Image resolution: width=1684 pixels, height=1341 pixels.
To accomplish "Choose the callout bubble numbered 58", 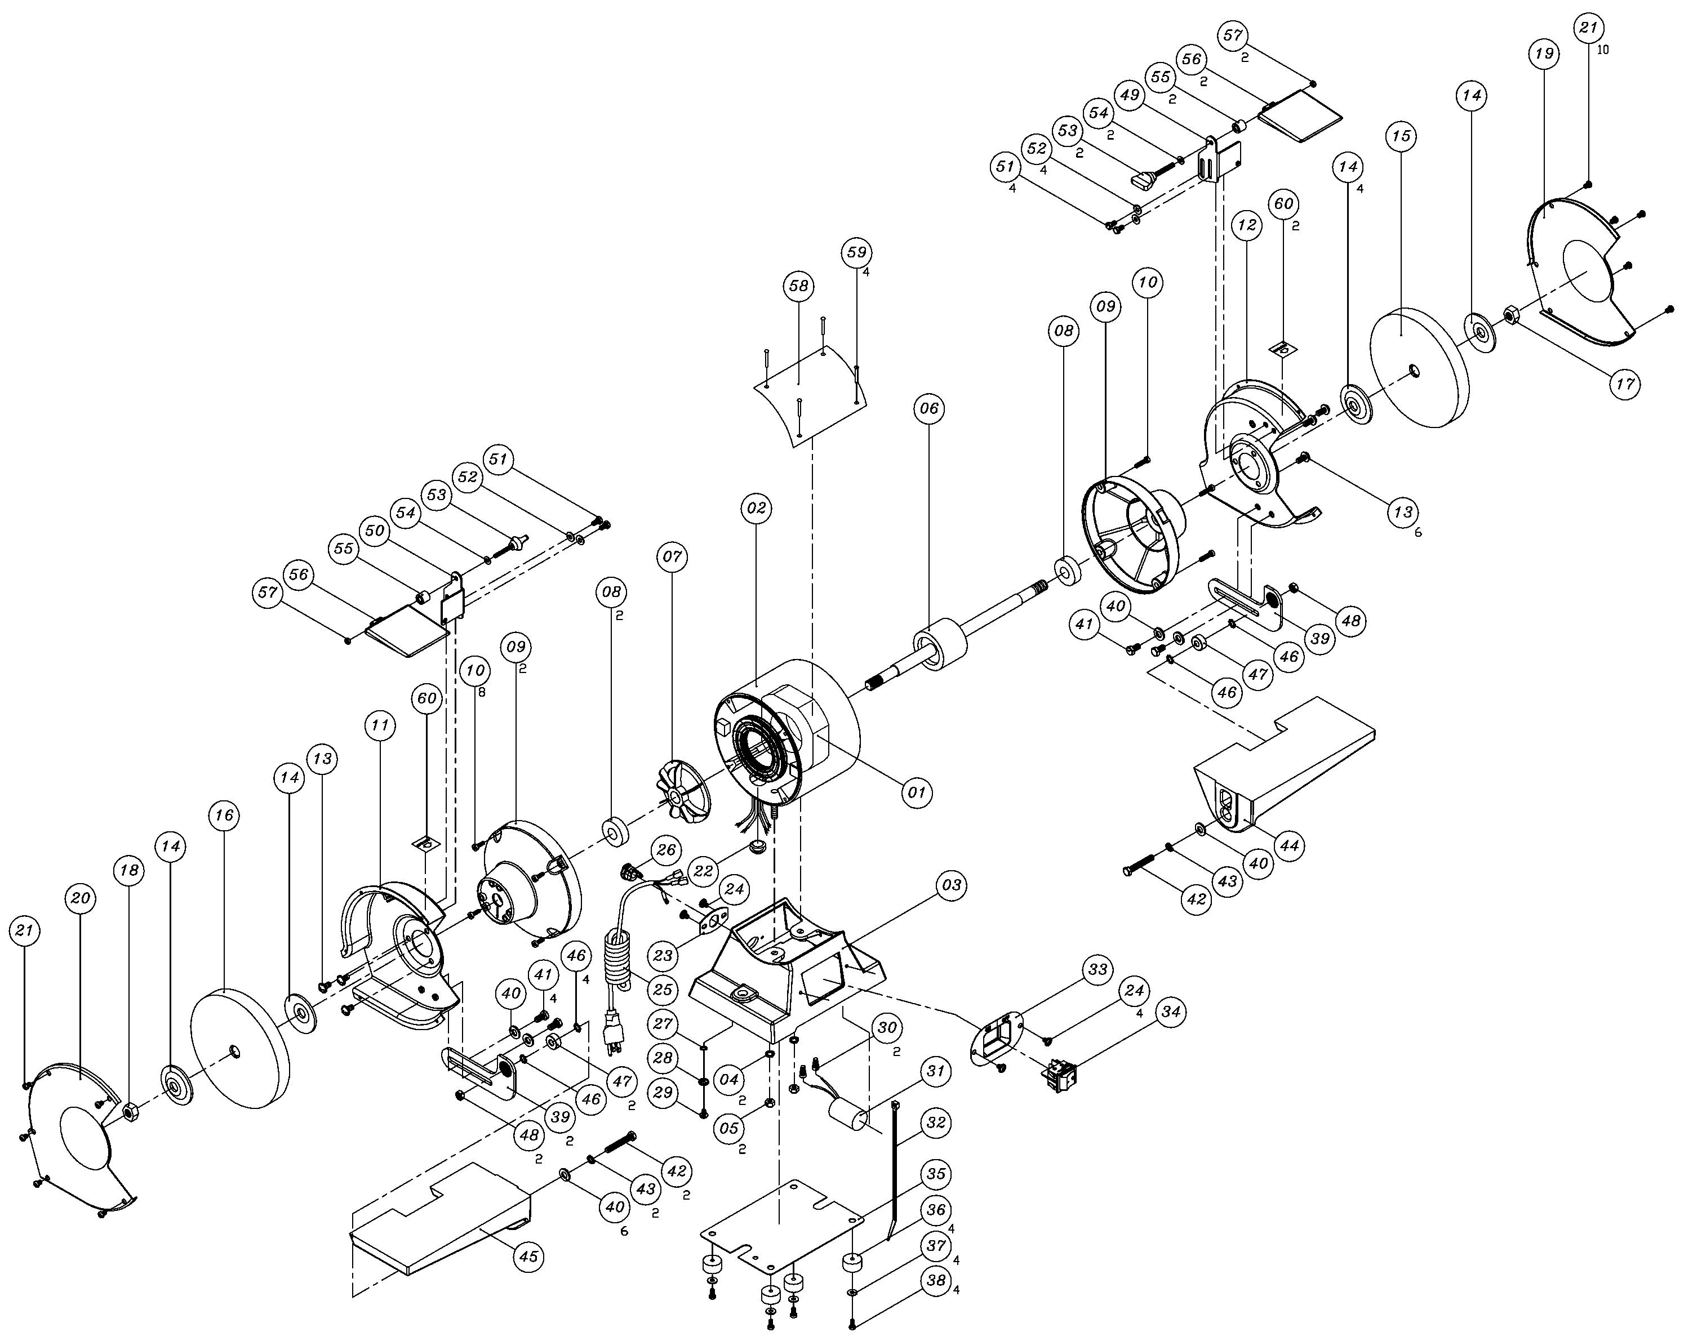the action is click(x=799, y=286).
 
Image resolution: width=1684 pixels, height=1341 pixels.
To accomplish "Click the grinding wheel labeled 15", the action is click(x=1419, y=368).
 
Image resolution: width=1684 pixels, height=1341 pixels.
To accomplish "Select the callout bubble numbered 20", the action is click(x=81, y=898).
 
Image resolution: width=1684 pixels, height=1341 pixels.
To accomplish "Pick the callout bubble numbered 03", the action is click(x=952, y=886).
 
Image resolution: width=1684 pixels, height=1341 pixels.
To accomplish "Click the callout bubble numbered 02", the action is click(x=756, y=507).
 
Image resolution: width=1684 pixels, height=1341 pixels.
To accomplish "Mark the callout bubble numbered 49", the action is click(x=1130, y=95).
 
